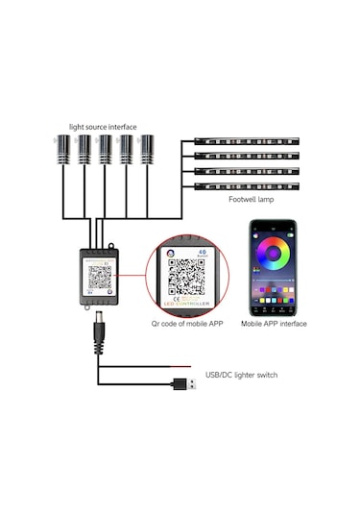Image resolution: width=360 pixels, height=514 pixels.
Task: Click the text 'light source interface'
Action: [103, 126]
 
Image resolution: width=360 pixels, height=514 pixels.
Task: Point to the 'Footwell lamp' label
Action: [252, 200]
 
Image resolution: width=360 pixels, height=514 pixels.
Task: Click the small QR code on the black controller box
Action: [101, 277]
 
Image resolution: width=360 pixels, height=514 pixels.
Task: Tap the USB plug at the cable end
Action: [180, 385]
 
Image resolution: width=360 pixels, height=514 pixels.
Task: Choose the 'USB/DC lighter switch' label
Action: [241, 375]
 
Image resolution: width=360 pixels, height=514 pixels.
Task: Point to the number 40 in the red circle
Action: [201, 253]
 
